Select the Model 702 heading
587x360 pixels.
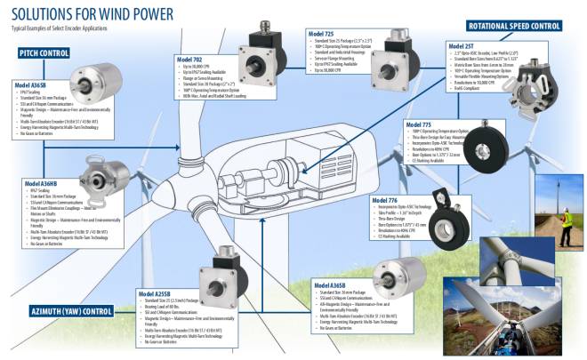[x=194, y=60]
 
